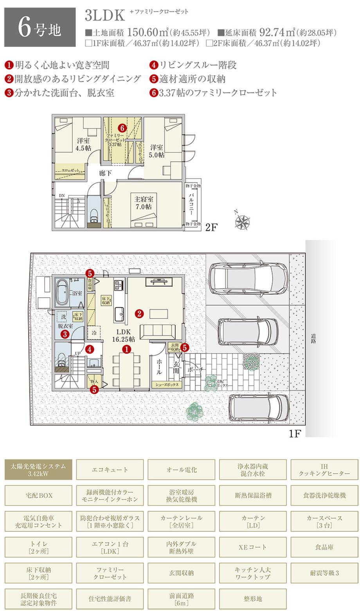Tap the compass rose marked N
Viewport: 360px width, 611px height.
coord(243,221)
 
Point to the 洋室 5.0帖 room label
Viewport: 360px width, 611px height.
coord(157,151)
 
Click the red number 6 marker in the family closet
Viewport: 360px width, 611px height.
coord(122,128)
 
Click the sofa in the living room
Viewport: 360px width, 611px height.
coord(159,332)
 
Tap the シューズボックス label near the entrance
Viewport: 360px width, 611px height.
coord(167,385)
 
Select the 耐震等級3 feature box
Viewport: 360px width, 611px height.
coord(324,573)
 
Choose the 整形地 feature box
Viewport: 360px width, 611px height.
coord(252,599)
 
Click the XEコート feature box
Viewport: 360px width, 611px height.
coord(252,547)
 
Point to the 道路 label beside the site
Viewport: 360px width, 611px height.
coord(313,339)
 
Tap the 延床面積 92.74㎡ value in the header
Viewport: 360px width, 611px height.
coord(277,32)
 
